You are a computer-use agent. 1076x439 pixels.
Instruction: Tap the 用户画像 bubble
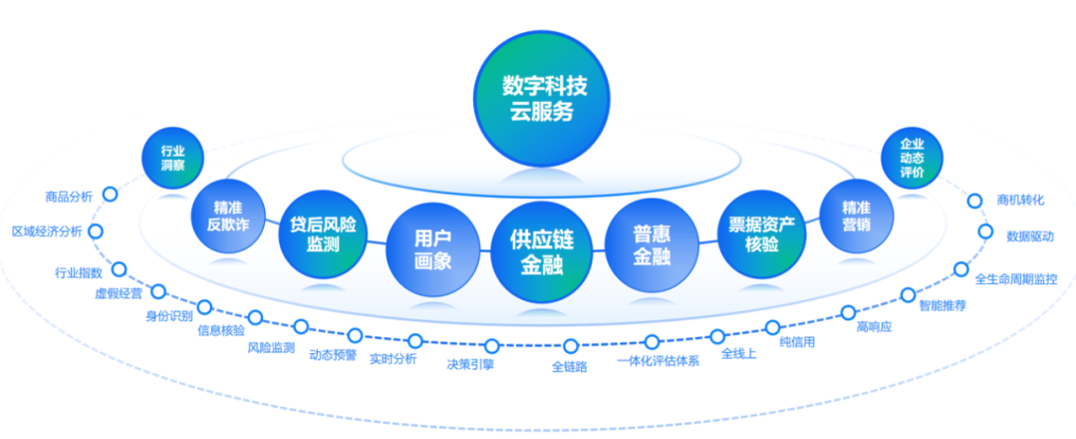tap(432, 249)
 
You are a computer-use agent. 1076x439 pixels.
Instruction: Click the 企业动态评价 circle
tap(912, 158)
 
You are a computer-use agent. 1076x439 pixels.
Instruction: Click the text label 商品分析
tap(69, 198)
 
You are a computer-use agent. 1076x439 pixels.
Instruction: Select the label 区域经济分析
tap(47, 231)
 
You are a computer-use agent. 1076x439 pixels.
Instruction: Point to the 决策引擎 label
tap(470, 364)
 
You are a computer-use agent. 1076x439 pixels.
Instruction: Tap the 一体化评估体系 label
tap(658, 361)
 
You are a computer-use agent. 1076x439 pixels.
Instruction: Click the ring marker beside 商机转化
tap(974, 201)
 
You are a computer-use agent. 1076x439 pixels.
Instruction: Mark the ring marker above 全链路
tap(570, 346)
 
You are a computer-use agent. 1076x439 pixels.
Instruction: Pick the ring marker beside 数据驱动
tap(985, 231)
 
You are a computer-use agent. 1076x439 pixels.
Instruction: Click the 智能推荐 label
tap(941, 305)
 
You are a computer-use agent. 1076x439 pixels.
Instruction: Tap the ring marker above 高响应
tap(848, 312)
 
